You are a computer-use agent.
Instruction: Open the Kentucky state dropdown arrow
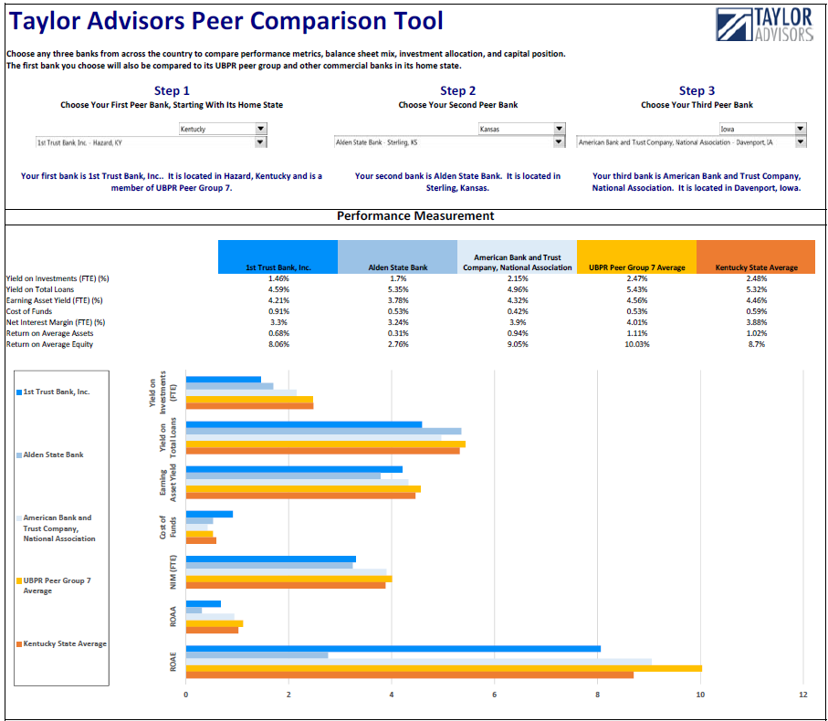pos(261,129)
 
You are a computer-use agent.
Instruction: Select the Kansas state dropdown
pos(520,129)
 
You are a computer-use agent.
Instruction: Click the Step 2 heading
pos(457,90)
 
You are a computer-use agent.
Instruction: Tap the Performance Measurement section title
pos(415,216)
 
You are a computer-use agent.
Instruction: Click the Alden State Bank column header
pos(397,267)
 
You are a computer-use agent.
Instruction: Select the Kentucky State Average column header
pos(755,267)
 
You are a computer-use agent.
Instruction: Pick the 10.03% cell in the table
pos(636,344)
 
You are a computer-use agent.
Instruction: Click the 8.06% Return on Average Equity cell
pos(278,344)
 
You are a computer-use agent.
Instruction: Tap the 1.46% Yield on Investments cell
pos(278,278)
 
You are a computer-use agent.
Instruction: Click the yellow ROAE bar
pos(444,668)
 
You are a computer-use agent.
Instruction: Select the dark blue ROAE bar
pos(393,649)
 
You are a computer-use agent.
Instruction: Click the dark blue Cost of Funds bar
pos(209,514)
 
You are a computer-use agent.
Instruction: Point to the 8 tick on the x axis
pos(597,695)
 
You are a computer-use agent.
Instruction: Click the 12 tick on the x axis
pos(802,695)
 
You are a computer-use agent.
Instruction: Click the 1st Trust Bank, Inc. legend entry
pos(57,392)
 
